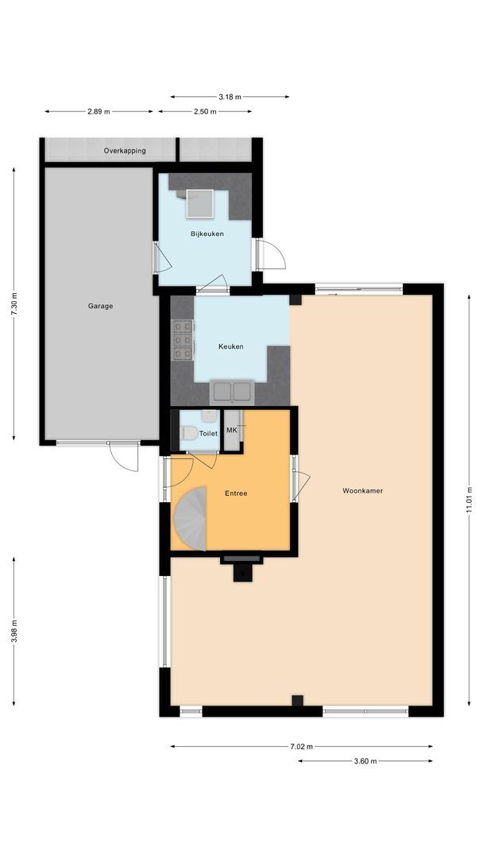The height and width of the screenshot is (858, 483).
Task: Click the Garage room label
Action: pos(101,306)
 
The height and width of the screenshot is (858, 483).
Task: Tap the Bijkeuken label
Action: pos(207,234)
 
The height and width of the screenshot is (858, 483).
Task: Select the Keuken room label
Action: pos(230,346)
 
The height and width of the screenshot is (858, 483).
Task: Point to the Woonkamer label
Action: pos(362,491)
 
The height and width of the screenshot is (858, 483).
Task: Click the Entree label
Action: pos(236,493)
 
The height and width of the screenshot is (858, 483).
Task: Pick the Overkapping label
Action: pos(125,150)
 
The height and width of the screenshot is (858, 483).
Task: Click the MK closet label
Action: pos(232,430)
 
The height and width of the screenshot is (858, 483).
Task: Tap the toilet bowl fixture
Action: pos(189,434)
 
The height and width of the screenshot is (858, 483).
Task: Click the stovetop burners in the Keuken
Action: pos(182,341)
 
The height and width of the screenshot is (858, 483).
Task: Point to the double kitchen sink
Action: pos(231,392)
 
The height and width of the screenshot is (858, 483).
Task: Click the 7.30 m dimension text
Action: pos(14,303)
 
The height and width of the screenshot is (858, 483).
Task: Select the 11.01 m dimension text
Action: pos(469,501)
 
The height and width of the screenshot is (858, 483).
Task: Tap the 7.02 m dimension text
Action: pos(301,747)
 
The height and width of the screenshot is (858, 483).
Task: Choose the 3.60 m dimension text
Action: pos(365,761)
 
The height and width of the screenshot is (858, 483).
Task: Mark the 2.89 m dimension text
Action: pos(99,112)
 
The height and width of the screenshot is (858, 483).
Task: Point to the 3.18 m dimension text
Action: pos(230,97)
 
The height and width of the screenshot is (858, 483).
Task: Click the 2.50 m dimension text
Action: pos(205,112)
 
